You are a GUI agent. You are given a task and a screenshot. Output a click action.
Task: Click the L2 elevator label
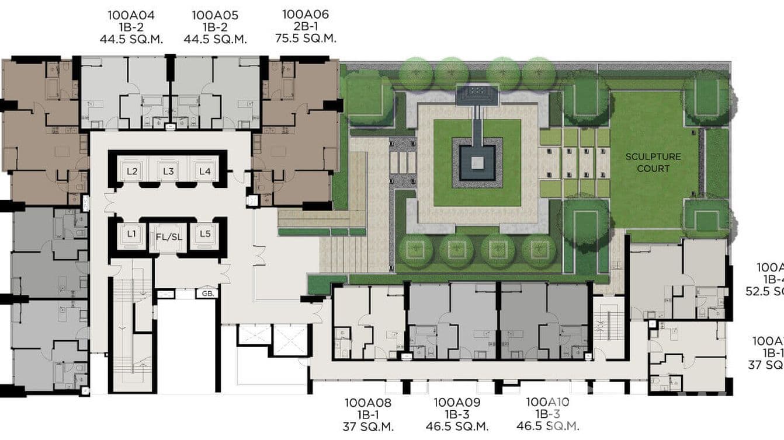(x=132, y=172)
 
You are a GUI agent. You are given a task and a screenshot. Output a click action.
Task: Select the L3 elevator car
(x=168, y=172)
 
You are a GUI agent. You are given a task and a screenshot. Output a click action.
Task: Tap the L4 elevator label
(x=204, y=172)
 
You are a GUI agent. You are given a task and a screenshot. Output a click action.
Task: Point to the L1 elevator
(x=131, y=235)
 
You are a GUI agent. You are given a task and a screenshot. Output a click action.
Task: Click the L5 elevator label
(x=204, y=235)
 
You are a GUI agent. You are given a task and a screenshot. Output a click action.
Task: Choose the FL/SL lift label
(x=167, y=238)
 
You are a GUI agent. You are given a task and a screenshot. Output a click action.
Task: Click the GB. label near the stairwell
(x=207, y=294)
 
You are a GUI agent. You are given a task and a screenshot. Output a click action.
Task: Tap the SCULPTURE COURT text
(x=653, y=163)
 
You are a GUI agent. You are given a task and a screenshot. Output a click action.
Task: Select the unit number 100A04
(x=131, y=15)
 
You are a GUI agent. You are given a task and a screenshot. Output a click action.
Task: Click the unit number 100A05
(x=215, y=15)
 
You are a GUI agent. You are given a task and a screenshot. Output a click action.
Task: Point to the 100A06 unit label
(x=306, y=14)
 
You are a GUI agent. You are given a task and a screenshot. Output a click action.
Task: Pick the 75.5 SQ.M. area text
(x=306, y=39)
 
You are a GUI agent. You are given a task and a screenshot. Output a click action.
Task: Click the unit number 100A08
(x=368, y=403)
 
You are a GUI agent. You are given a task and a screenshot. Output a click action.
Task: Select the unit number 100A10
(x=547, y=402)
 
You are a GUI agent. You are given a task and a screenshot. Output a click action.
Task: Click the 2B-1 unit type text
(x=306, y=26)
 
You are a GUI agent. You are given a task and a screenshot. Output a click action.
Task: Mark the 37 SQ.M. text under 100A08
(x=368, y=427)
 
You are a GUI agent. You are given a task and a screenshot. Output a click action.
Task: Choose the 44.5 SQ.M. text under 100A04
(x=131, y=40)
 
